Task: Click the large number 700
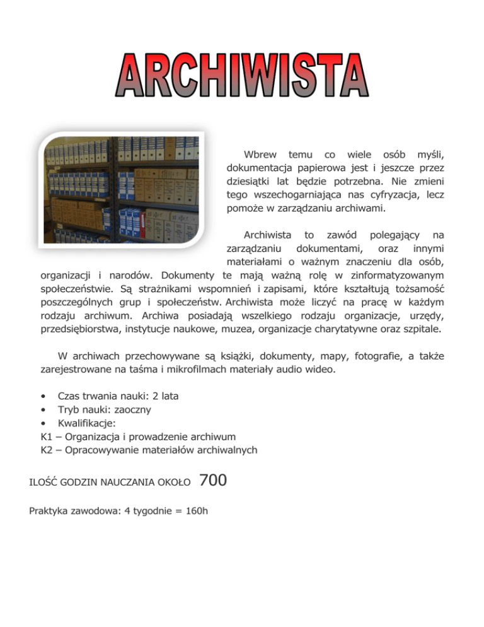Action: (212, 481)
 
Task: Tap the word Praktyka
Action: (50, 510)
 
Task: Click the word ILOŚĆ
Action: (44, 483)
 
